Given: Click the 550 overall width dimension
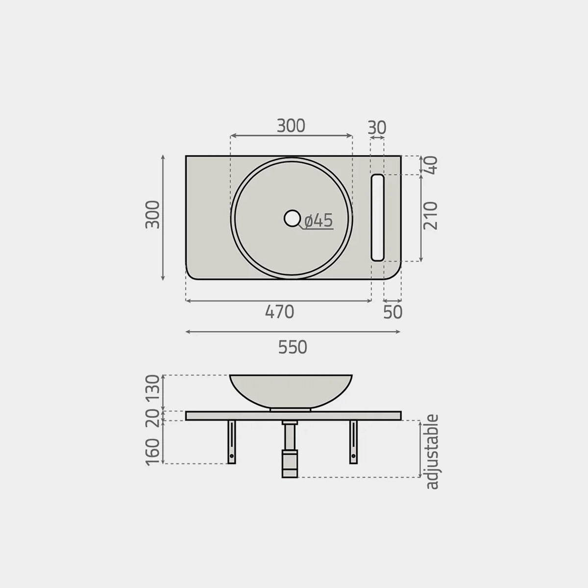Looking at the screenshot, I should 293,347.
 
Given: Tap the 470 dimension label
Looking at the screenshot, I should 279,312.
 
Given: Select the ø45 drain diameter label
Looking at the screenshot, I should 318,221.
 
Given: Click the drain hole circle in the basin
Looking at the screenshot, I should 292,218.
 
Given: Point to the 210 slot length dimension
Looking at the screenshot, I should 431,216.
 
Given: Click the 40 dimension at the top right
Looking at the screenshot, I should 431,165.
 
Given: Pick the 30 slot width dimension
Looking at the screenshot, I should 377,127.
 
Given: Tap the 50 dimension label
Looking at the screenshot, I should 392,312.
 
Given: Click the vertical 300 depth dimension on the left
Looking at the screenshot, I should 152,214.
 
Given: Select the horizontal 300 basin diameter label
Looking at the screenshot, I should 291,126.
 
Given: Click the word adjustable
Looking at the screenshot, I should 432,452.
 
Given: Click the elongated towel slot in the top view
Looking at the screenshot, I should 377,217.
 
